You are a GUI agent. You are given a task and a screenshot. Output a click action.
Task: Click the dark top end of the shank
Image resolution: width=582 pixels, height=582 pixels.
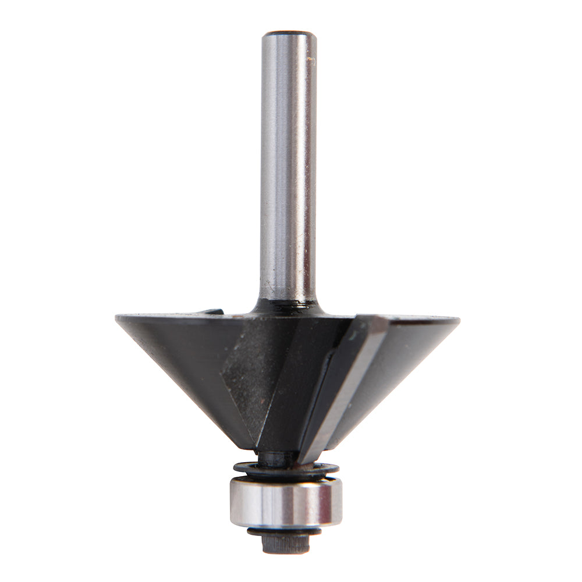tap(289, 34)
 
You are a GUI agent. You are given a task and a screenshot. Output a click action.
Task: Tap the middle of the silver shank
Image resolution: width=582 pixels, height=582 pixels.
tap(288, 169)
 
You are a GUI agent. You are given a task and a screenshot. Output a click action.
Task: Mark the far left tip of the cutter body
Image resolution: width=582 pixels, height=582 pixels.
tap(118, 318)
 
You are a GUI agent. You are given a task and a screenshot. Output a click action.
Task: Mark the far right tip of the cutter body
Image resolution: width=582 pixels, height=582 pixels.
tap(457, 320)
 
